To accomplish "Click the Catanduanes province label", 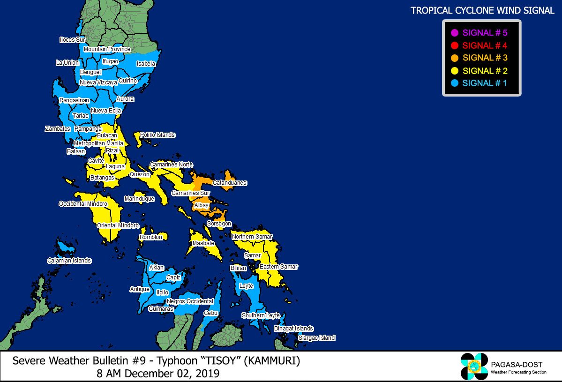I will tap(230, 183).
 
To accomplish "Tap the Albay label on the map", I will tap(201, 205).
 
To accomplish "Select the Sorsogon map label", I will tap(219, 224).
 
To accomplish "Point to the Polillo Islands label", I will tap(157, 135).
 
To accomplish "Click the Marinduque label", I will tap(139, 199).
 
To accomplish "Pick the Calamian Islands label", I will tap(69, 261).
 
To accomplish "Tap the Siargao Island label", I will tap(317, 338).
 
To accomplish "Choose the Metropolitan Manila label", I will tap(98, 143).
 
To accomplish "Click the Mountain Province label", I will tap(107, 49).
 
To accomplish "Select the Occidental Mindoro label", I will tap(83, 204).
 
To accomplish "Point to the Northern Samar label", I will tap(252, 237).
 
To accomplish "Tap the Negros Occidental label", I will tap(190, 301).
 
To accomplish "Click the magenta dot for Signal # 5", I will tap(454, 33).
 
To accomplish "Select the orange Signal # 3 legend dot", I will tap(454, 58).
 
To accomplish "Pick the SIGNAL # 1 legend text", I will tap(485, 83).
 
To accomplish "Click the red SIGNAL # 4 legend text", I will tap(485, 45).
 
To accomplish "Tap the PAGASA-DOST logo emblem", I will tap(474, 366).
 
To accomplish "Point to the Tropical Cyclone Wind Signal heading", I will tap(482, 10).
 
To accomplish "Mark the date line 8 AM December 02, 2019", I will tap(158, 374).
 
